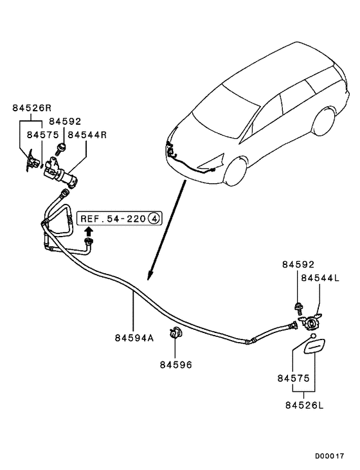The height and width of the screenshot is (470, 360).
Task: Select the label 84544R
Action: pos(87,136)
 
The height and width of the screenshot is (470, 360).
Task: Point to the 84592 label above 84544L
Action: pos(298,264)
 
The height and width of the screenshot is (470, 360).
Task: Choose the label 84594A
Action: pos(134,338)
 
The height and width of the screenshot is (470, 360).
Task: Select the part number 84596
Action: pos(176,365)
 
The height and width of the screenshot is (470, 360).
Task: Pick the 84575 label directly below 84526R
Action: pos(42,136)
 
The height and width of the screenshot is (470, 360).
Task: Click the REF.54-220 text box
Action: pos(113,219)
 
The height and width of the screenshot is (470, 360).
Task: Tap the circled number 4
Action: pos(154,219)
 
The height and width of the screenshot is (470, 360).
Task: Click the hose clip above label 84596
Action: pos(174,333)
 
